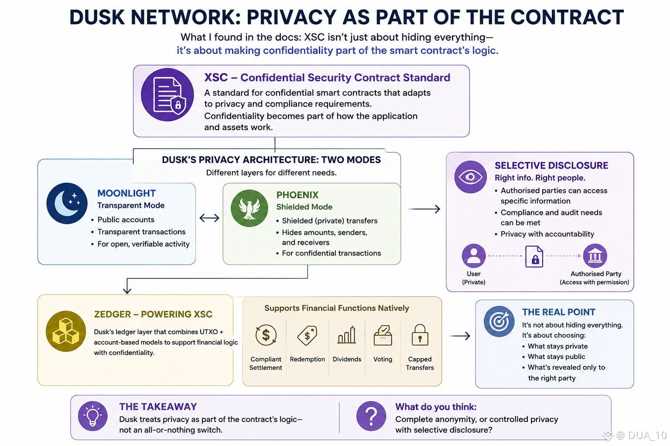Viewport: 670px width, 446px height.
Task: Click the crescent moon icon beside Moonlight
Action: point(67,203)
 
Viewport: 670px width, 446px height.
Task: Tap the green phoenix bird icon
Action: point(250,208)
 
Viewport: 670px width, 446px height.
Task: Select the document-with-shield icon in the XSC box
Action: point(167,95)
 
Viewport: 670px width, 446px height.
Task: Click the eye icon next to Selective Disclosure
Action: point(471,177)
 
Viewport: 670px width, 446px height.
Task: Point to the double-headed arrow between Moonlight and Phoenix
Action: point(209,218)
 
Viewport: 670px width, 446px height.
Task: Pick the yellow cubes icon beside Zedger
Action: point(66,331)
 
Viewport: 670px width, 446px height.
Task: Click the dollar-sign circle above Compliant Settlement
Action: point(266,335)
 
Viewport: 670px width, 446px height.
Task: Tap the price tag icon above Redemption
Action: point(307,335)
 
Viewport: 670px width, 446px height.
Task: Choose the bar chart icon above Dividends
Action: point(347,335)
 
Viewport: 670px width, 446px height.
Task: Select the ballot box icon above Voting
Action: point(383,335)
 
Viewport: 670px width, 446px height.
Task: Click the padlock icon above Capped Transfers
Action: point(420,335)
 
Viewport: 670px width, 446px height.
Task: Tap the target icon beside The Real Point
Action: point(499,321)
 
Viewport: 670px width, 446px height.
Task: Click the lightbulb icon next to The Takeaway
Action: point(93,416)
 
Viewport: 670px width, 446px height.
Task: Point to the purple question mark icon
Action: point(371,416)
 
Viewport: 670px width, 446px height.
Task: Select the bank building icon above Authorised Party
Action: point(595,256)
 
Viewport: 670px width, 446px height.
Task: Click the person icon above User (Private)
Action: point(474,256)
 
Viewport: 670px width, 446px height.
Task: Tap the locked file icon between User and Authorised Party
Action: point(534,256)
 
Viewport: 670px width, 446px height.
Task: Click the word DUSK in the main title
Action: point(97,17)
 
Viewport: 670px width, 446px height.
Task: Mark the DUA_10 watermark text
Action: point(643,435)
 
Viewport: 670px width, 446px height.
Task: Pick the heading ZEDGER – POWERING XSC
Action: point(153,314)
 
